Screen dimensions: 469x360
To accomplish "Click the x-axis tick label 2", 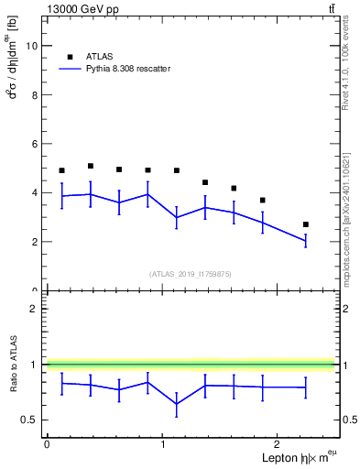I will [x=278, y=444].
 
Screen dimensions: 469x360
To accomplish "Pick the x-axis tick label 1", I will [x=163, y=444].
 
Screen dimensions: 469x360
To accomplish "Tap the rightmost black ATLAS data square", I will [x=306, y=224].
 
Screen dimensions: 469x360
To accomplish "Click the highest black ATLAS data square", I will [x=91, y=166].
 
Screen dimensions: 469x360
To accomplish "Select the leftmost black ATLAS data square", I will [x=61, y=170].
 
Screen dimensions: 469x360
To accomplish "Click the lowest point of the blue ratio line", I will [x=176, y=404].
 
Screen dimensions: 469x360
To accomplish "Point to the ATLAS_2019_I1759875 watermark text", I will [x=191, y=274].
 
